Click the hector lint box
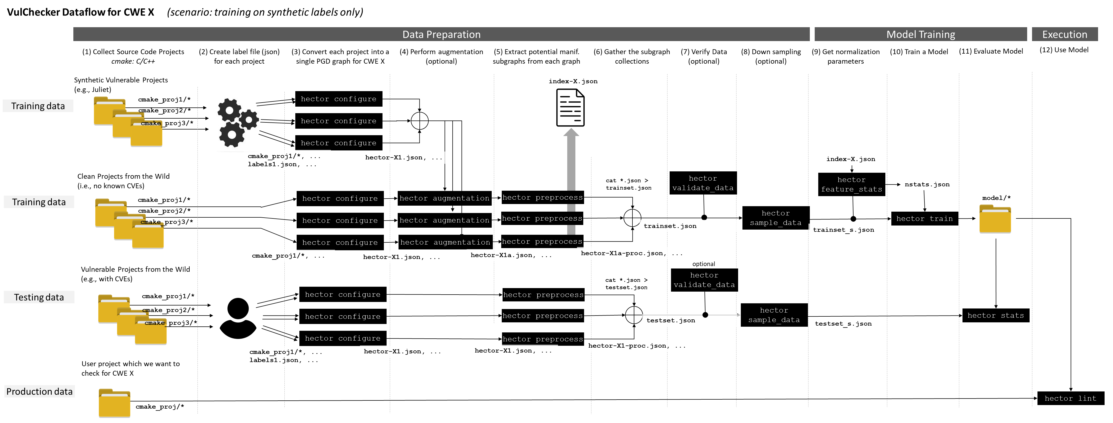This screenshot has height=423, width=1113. click(x=1070, y=398)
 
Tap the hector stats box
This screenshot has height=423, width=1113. click(x=995, y=315)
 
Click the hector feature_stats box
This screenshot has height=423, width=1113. click(x=851, y=184)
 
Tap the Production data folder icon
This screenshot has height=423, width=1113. click(x=114, y=403)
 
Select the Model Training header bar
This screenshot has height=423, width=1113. click(x=920, y=34)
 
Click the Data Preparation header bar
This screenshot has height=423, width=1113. click(x=441, y=34)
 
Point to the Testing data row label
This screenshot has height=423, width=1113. click(x=39, y=297)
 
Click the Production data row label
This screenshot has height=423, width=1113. click(x=39, y=391)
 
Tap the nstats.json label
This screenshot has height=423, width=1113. click(x=927, y=184)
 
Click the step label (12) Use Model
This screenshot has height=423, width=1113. click(x=1064, y=50)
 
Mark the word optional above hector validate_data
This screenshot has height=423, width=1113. click(x=703, y=264)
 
